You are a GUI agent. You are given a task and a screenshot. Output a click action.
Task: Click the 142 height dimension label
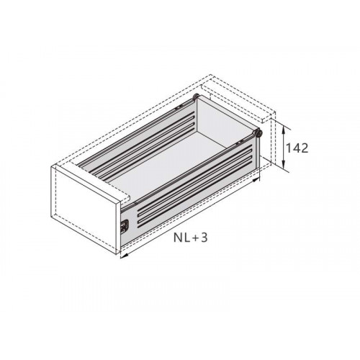pyautogui.click(x=297, y=148)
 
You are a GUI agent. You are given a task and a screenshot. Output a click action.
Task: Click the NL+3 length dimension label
pyautogui.click(x=191, y=238)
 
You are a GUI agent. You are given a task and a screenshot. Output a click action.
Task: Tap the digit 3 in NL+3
pyautogui.click(x=204, y=238)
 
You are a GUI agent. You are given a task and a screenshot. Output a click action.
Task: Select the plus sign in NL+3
pyautogui.click(x=195, y=238)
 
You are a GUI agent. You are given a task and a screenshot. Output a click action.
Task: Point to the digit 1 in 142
pyautogui.click(x=288, y=148)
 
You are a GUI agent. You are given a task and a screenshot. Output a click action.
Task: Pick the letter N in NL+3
pyautogui.click(x=178, y=238)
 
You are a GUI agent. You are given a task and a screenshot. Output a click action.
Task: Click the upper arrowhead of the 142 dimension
pyautogui.click(x=284, y=130)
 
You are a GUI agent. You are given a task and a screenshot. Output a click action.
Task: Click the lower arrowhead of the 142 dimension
pyautogui.click(x=284, y=166)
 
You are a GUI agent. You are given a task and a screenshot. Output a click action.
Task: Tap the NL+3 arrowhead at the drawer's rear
pyautogui.click(x=256, y=180)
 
